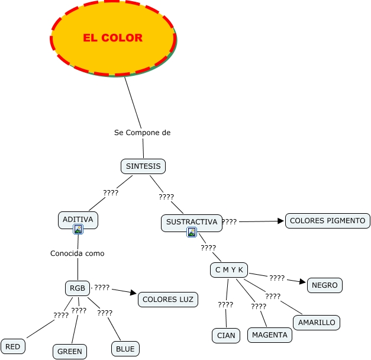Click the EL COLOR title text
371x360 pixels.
[112, 38]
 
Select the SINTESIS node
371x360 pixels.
[143, 166]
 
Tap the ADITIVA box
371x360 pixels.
[78, 220]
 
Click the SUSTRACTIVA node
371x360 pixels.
[192, 223]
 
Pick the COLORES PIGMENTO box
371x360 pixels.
[327, 221]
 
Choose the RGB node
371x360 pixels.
[78, 288]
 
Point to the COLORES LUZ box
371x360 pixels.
[168, 300]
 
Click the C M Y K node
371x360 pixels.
[229, 270]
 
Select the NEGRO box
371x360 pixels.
[325, 285]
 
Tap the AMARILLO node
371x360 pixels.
[317, 323]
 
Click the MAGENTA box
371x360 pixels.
[270, 335]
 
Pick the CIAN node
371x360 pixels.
[226, 336]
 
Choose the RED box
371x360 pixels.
[13, 346]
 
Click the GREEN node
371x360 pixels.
[70, 352]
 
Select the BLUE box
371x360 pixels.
[125, 349]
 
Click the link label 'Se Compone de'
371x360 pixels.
[142, 133]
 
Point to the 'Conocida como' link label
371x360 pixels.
[78, 253]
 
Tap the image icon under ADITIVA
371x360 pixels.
[78, 229]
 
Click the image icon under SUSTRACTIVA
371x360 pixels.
[192, 232]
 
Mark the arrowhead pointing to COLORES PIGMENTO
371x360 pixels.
[280, 221]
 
